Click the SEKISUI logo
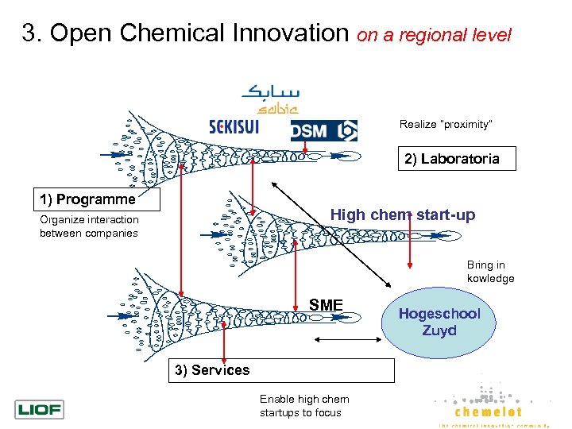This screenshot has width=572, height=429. coord(246,128)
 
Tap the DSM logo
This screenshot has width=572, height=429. coord(324,130)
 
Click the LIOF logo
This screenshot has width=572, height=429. coord(39,410)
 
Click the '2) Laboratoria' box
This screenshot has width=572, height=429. coord(451,159)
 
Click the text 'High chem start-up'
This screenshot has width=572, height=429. coord(402,215)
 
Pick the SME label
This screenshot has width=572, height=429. coord(326,305)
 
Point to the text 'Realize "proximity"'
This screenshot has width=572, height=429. coord(446,125)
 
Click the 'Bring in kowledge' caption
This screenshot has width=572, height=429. coord(490,272)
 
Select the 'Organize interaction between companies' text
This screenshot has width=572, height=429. coord(89,226)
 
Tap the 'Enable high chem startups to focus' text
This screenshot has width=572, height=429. coord(303,406)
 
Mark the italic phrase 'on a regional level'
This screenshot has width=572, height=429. coord(435,35)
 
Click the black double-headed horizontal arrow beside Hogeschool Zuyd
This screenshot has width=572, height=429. coord(347,339)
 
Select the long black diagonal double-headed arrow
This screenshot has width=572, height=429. coord(334,234)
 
